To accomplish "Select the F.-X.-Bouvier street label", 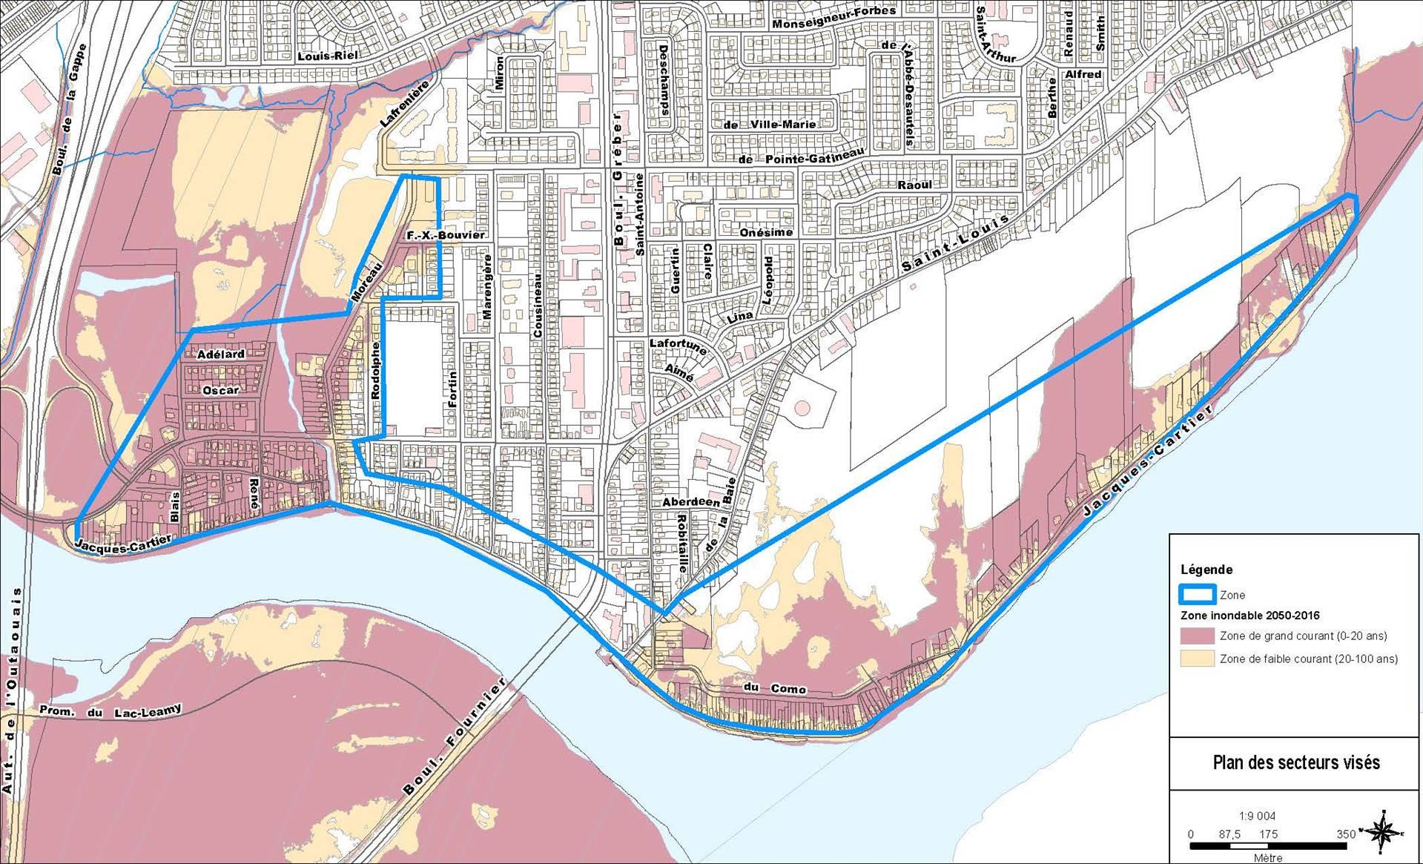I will (x=446, y=235).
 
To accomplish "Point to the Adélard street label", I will (x=221, y=354).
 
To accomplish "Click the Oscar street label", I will (x=221, y=390).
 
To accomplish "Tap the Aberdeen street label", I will (x=691, y=502).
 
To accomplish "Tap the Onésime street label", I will (x=767, y=232).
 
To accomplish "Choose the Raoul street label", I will (x=914, y=185).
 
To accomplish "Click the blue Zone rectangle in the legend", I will (x=1196, y=594).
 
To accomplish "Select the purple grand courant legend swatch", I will (x=1196, y=636).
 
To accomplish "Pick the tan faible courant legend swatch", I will (x=1196, y=658).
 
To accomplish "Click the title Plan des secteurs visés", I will (x=1295, y=762).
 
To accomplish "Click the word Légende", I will (x=1206, y=570).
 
